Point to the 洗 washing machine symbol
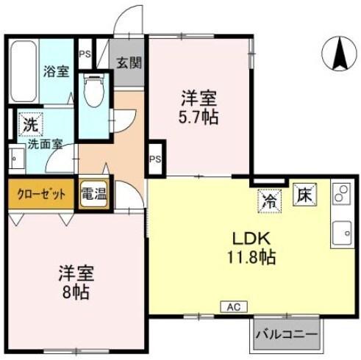[x=28, y=123]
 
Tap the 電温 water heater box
[x=93, y=194]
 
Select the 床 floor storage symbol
[x=303, y=194]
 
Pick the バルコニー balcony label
[x=287, y=335]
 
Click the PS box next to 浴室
[x=85, y=53]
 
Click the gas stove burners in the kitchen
[x=341, y=195]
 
